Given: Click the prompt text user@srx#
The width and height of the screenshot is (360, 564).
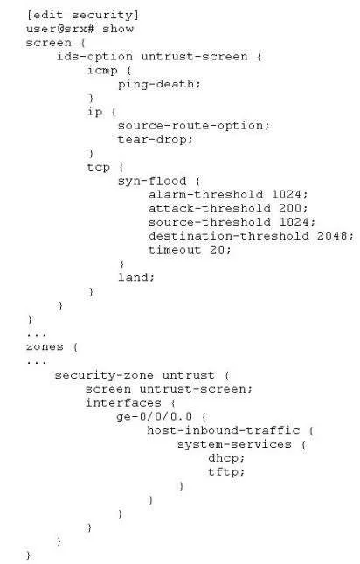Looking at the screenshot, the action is pyautogui.click(x=60, y=29).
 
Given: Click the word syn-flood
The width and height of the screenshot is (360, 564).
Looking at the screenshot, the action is pyautogui.click(x=152, y=181).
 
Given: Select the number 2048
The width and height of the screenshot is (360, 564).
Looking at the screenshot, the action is pyautogui.click(x=332, y=236).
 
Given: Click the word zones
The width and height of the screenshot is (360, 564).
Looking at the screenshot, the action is pyautogui.click(x=45, y=347).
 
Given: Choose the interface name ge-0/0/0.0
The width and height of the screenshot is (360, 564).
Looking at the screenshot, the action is pyautogui.click(x=155, y=417).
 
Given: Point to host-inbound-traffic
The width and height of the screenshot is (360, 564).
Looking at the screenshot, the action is pyautogui.click(x=224, y=430).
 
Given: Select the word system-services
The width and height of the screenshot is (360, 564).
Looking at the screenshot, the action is pyautogui.click(x=234, y=444).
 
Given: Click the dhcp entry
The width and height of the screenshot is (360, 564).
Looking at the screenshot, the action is pyautogui.click(x=223, y=458).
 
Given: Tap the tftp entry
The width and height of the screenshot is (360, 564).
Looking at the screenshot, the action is pyautogui.click(x=223, y=472).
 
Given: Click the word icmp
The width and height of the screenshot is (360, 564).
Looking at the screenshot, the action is pyautogui.click(x=102, y=71).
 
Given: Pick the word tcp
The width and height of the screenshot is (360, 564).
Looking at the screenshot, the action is pyautogui.click(x=99, y=168).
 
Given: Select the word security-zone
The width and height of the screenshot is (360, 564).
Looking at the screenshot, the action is pyautogui.click(x=104, y=376).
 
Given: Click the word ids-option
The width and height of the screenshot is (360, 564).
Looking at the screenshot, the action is pyautogui.click(x=94, y=57).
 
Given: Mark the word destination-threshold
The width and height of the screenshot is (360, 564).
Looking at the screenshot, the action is pyautogui.click(x=229, y=236).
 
